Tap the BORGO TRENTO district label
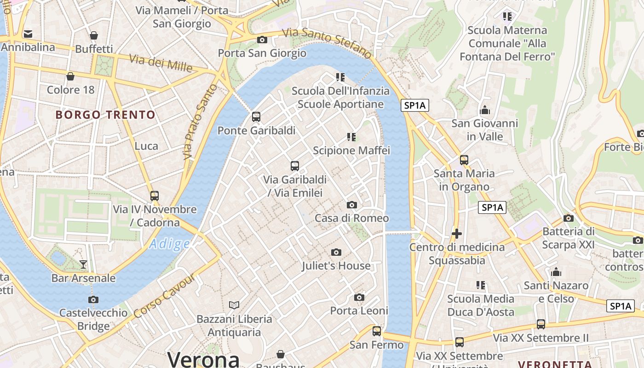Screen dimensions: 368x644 point(105,115)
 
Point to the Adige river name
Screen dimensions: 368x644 point(169,244)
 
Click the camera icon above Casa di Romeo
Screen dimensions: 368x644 point(352,205)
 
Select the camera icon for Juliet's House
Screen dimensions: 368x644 point(336,252)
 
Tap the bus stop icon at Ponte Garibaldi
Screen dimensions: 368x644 point(256,117)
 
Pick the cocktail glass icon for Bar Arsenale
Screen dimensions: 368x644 point(83,264)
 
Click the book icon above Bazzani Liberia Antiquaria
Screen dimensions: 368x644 point(234,305)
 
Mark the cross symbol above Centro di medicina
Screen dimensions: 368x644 point(456,234)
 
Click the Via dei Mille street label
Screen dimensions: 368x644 point(161,63)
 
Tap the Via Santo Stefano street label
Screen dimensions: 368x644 point(327,43)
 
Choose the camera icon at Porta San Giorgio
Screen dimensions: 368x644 point(262,40)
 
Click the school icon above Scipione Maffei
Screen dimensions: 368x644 point(351,137)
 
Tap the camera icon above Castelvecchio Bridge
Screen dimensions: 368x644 point(93,300)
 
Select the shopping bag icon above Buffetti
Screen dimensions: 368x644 point(94,35)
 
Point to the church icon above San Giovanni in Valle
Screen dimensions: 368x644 point(484,110)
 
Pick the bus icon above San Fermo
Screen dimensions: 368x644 point(377,331)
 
